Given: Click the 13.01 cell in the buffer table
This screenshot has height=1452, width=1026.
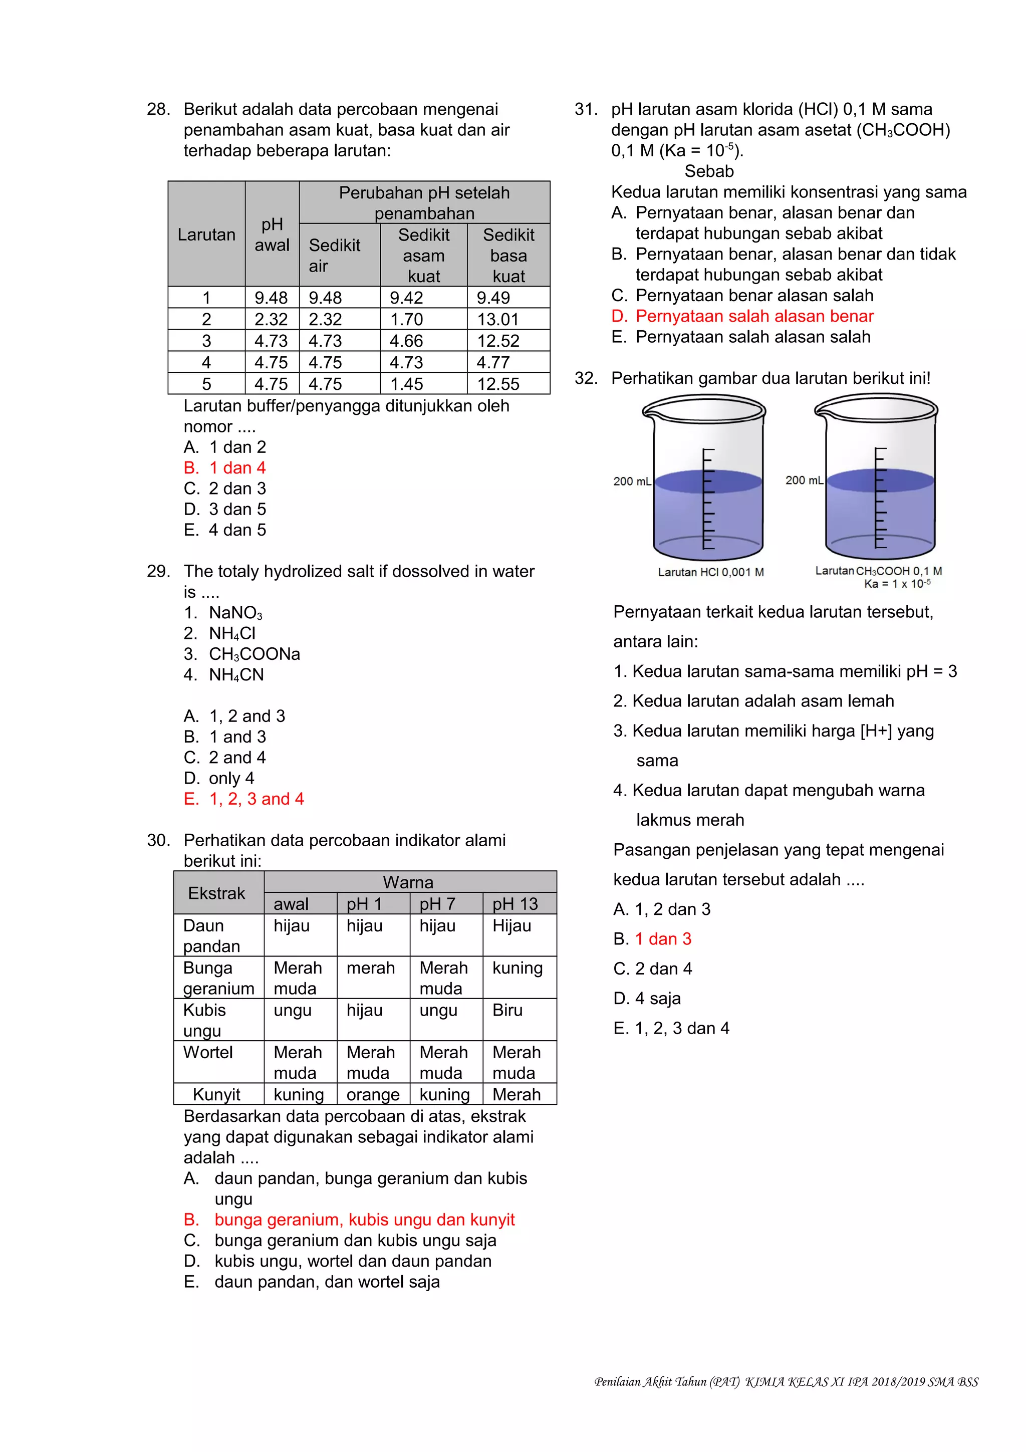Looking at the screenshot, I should [497, 319].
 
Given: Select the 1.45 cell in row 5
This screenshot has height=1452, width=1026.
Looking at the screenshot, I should [406, 384].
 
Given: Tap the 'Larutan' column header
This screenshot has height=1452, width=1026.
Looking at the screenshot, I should [206, 234].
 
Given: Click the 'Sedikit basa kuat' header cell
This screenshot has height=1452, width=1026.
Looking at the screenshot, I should [508, 255].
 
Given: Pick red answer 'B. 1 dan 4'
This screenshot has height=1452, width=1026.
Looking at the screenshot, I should [225, 468].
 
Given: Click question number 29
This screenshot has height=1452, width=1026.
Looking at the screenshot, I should [157, 572].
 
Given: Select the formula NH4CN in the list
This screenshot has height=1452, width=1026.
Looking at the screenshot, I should [236, 675].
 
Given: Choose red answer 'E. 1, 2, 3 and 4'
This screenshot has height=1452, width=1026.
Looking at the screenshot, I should [244, 799].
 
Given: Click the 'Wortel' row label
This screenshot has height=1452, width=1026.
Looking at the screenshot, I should [208, 1052].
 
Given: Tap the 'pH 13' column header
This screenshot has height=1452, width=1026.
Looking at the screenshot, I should [515, 904].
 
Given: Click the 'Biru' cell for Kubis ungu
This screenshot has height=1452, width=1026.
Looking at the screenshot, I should [507, 1010].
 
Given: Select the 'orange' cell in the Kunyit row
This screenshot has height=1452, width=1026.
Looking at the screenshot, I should [372, 1095].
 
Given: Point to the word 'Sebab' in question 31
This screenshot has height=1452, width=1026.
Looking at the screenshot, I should [709, 171].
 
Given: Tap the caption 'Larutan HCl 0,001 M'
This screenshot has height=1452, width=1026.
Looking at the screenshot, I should [710, 572].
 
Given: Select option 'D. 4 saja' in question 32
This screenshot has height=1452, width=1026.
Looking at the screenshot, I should [647, 999].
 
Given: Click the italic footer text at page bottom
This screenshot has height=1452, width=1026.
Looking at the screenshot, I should [786, 1382].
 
